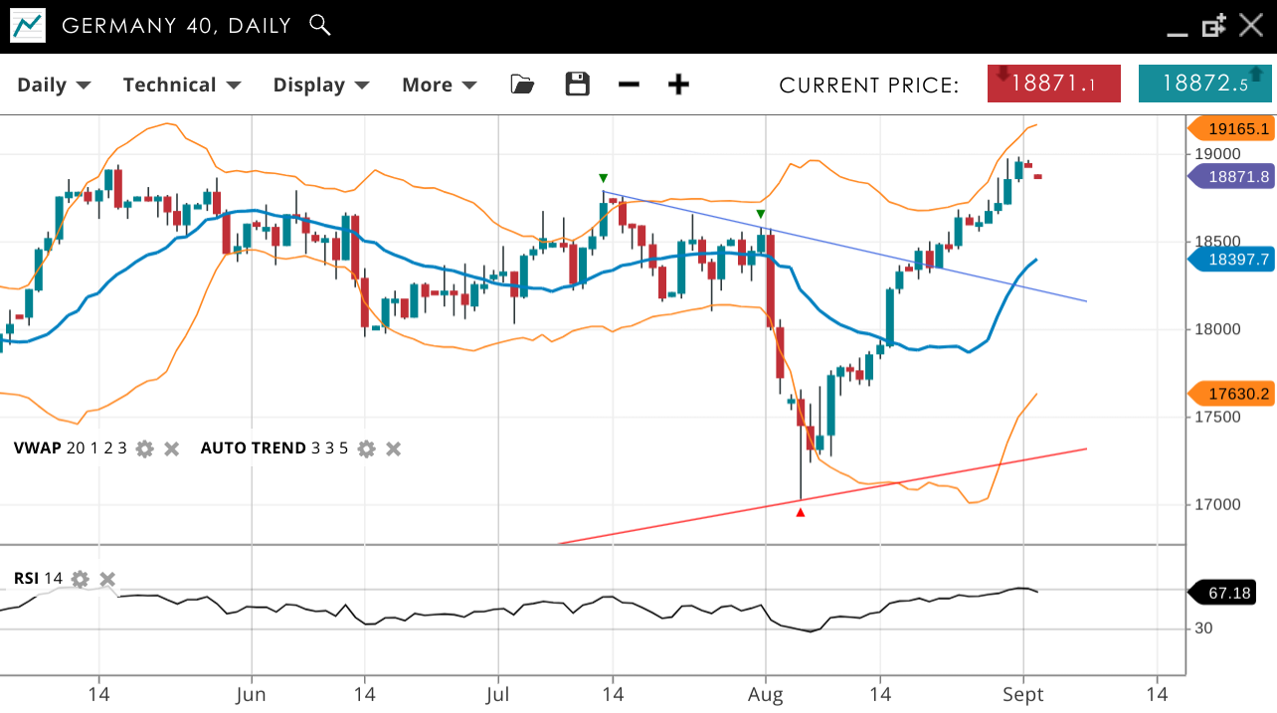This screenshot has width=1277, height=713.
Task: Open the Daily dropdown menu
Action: tap(54, 85)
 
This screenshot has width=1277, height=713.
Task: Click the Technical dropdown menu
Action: tap(181, 85)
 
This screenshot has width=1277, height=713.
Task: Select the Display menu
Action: tap(320, 85)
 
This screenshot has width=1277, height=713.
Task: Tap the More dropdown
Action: tap(439, 85)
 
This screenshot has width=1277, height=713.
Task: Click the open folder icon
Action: tap(522, 85)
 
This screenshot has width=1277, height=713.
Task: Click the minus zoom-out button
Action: tap(629, 85)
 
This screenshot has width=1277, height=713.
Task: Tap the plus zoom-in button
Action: tap(678, 85)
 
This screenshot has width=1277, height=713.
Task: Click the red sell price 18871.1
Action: tap(1054, 84)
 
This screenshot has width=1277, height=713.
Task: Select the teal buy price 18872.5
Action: tap(1204, 84)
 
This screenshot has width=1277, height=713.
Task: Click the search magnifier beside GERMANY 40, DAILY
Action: tap(319, 25)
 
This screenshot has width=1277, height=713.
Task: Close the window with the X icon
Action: tap(1250, 25)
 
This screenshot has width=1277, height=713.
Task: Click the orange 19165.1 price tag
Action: tap(1232, 128)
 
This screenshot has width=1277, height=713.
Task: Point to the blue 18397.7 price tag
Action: tap(1232, 260)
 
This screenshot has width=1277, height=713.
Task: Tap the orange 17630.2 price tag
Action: tap(1232, 395)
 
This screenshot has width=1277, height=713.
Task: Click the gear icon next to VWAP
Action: tap(145, 448)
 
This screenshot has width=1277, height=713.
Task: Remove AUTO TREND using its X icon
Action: tap(394, 448)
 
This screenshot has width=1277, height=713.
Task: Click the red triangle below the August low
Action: tap(801, 512)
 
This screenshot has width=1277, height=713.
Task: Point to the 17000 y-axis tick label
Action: tap(1217, 504)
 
